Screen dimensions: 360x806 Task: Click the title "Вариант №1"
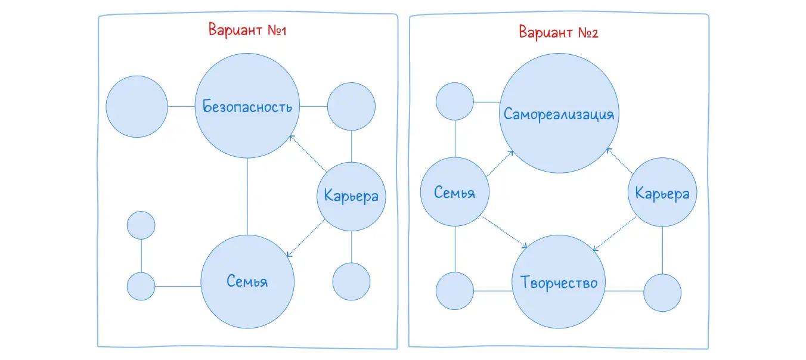pos(247,30)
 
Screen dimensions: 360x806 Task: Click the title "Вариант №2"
pos(558,32)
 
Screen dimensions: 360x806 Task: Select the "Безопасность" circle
pos(247,107)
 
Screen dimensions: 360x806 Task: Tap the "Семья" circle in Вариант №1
pos(247,281)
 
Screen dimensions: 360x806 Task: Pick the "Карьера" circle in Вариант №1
pos(351,195)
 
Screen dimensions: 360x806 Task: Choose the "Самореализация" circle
pos(559,114)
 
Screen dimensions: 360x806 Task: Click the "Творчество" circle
pos(559,282)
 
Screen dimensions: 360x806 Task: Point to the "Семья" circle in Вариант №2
pos(455,193)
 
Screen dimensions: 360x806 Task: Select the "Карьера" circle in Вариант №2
pos(662,193)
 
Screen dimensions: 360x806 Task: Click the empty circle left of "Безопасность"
pos(137,107)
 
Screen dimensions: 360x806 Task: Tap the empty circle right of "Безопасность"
pos(352,107)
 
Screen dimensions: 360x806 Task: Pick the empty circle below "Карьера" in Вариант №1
pos(351,281)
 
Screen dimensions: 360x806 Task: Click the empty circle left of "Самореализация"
pos(455,101)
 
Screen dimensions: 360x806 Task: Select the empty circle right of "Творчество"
pos(662,292)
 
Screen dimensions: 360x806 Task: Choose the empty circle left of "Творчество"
pos(455,291)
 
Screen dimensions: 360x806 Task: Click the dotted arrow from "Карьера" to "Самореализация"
pos(620,162)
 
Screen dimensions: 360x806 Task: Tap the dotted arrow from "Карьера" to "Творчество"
pos(615,234)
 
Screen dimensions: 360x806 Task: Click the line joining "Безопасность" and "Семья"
pos(247,196)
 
